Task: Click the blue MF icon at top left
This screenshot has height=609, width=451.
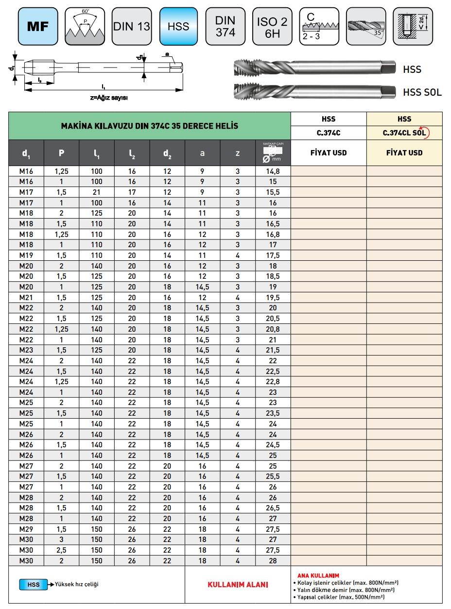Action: pyautogui.click(x=38, y=27)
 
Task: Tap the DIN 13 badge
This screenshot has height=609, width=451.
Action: pyautogui.click(x=131, y=27)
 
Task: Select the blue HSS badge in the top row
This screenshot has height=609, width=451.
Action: pyautogui.click(x=178, y=27)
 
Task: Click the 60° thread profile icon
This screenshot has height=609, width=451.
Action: pyautogui.click(x=84, y=27)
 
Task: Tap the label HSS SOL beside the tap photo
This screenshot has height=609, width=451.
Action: pyautogui.click(x=422, y=92)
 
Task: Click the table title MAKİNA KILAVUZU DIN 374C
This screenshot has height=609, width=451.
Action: pyautogui.click(x=149, y=126)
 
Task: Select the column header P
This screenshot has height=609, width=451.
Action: pyautogui.click(x=61, y=153)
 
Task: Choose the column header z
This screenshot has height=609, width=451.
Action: pyautogui.click(x=238, y=153)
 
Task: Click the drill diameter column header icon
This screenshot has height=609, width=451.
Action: pyautogui.click(x=273, y=153)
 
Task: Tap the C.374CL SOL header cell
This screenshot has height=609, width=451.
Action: pyautogui.click(x=405, y=133)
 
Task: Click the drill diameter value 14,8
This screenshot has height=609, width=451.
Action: pyautogui.click(x=273, y=171)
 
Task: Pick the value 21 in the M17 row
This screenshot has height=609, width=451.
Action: pyautogui.click(x=97, y=192)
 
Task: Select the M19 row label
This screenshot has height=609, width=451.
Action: pyautogui.click(x=26, y=255)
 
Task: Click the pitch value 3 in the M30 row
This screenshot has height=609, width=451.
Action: pyautogui.click(x=61, y=540)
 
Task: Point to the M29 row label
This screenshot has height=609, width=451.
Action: pyautogui.click(x=26, y=529)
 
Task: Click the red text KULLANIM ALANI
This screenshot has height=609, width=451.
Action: pyautogui.click(x=238, y=585)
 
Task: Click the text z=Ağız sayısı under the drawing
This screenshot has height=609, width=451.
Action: pyautogui.click(x=109, y=97)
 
